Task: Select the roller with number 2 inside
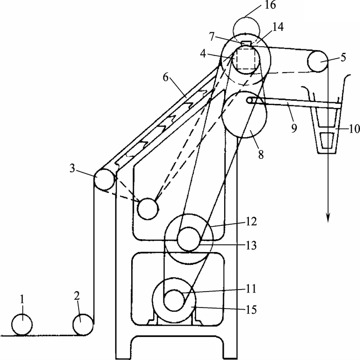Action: pyautogui.click(x=83, y=325)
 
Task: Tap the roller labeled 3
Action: pyautogui.click(x=104, y=180)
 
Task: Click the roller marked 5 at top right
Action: pyautogui.click(x=318, y=63)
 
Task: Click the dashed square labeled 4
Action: pyautogui.click(x=245, y=59)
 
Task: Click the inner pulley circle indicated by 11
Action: pyautogui.click(x=174, y=300)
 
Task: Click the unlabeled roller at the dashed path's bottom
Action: pyautogui.click(x=148, y=208)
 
